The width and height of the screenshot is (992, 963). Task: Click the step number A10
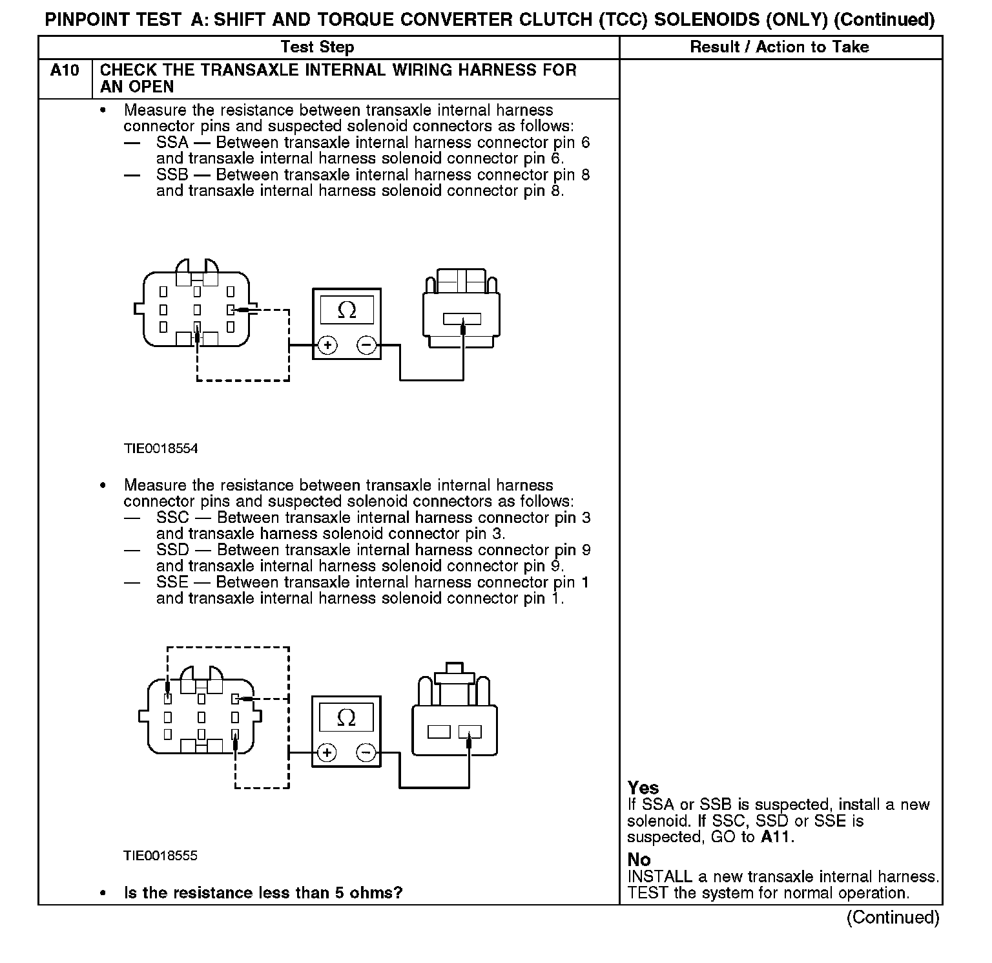(x=65, y=70)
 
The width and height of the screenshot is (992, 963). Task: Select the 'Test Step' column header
(x=317, y=47)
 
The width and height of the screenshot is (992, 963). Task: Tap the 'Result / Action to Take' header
(x=780, y=47)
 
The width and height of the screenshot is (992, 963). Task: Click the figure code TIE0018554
(x=161, y=449)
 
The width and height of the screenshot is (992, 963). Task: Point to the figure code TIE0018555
(x=161, y=856)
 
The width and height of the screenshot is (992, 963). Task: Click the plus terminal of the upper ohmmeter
(x=328, y=346)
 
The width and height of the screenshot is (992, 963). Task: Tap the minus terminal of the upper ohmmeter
(x=366, y=346)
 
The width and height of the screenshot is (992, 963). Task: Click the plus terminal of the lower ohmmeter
(x=327, y=753)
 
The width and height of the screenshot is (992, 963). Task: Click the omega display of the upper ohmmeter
(x=347, y=311)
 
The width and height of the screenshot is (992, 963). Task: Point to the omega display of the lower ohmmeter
(x=347, y=717)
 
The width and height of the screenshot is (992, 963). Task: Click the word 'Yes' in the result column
(x=643, y=788)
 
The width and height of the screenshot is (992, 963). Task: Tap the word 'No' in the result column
(x=639, y=860)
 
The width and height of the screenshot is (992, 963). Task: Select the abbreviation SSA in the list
(x=172, y=142)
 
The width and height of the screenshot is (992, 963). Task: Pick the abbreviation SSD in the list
(x=172, y=550)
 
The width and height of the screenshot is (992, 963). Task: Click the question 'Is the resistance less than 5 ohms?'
(x=263, y=893)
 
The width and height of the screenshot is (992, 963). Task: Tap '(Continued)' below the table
(x=893, y=917)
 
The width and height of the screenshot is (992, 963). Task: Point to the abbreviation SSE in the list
(x=172, y=582)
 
